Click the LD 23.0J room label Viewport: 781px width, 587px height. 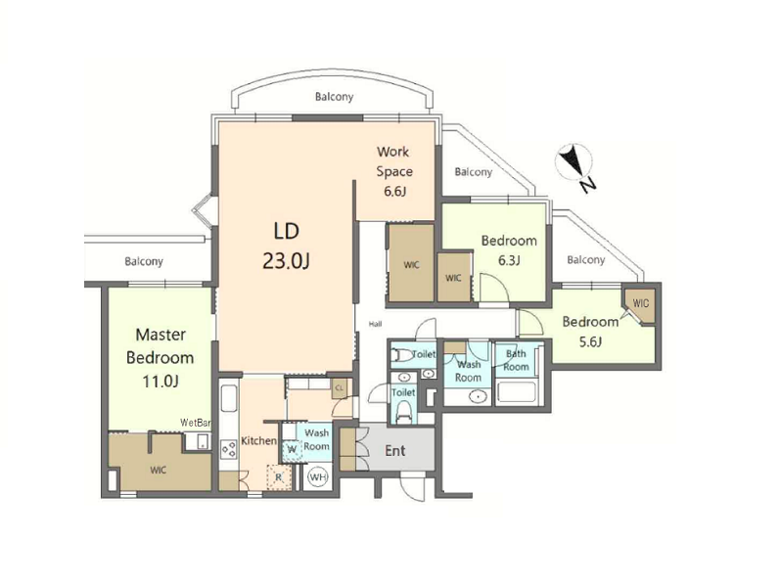[x=287, y=246]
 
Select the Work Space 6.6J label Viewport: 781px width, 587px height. [x=394, y=171]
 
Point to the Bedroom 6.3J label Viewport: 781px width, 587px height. [x=509, y=249]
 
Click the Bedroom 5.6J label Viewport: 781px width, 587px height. [x=590, y=331]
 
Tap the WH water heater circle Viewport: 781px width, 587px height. [x=318, y=477]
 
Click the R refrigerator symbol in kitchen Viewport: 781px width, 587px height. [x=278, y=477]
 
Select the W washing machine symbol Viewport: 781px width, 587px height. [x=292, y=450]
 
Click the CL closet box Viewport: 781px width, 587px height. [x=340, y=387]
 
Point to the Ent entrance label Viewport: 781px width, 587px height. [x=395, y=451]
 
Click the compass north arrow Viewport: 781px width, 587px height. [x=574, y=161]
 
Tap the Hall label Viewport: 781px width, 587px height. [x=376, y=324]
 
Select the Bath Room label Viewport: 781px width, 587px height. [x=516, y=360]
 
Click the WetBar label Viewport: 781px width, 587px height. [x=196, y=424]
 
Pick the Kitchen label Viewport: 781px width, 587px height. [x=258, y=441]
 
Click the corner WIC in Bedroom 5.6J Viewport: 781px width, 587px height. [x=641, y=303]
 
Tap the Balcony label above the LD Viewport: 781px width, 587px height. [x=334, y=97]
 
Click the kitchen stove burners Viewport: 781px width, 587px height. [x=229, y=450]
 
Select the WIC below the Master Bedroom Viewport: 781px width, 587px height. [x=159, y=470]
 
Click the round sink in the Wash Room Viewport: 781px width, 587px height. [x=479, y=397]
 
